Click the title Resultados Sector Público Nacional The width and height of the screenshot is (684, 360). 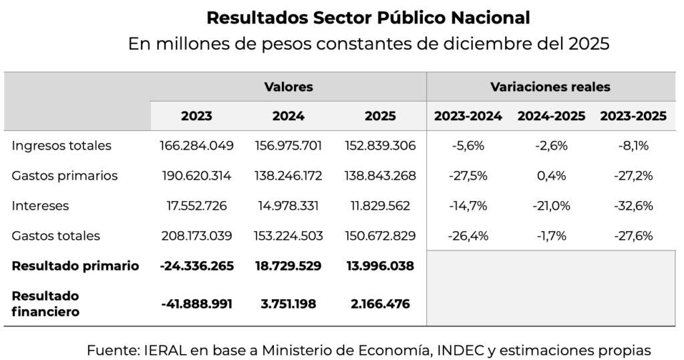[368, 17]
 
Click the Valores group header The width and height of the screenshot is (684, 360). [288, 87]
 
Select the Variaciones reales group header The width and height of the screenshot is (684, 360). [550, 87]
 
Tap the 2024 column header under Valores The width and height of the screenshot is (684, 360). [288, 116]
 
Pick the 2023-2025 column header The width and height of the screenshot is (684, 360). [633, 116]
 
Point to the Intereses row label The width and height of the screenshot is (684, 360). [40, 206]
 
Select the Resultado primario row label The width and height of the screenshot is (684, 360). [75, 266]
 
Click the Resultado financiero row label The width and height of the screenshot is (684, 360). [45, 303]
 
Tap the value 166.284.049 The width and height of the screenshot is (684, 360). [196, 146]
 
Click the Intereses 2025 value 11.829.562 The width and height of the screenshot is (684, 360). [380, 206]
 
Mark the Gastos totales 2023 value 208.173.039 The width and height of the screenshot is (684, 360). [196, 236]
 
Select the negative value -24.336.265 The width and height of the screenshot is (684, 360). [197, 266]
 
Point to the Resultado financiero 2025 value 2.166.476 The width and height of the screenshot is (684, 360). [380, 304]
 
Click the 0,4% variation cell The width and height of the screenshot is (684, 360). [550, 176]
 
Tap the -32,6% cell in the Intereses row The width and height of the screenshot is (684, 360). [633, 206]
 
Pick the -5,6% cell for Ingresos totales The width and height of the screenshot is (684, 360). [468, 146]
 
